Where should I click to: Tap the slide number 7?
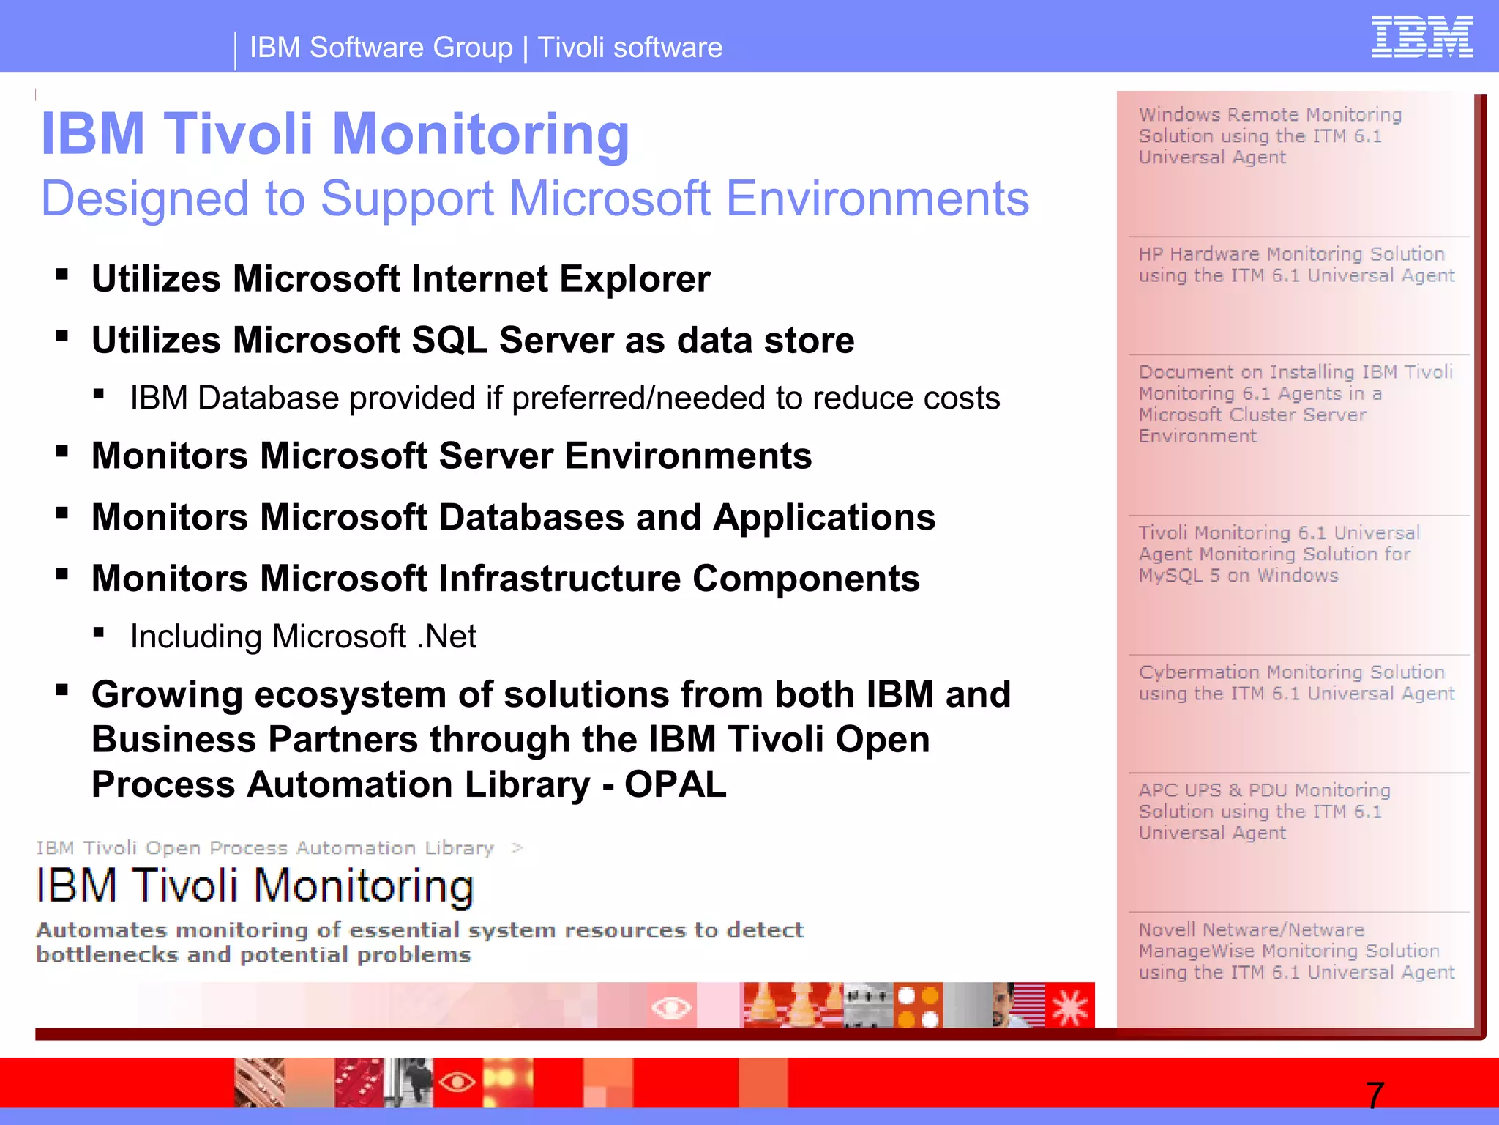click(x=1375, y=1096)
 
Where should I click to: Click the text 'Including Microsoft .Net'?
click(x=303, y=636)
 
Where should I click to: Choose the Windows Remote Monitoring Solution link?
click(x=1270, y=136)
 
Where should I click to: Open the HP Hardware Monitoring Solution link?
click(x=1296, y=264)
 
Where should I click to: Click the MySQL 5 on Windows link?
click(x=1278, y=554)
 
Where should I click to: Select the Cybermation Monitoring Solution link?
click(x=1296, y=683)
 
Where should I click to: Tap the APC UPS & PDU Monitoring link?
click(x=1264, y=812)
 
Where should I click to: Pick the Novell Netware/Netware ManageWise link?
click(x=1296, y=951)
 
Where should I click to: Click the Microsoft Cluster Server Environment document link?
click(x=1295, y=404)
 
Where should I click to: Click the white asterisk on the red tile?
click(x=1070, y=1006)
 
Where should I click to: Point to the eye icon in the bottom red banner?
click(x=457, y=1082)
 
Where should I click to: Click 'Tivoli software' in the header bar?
click(x=630, y=48)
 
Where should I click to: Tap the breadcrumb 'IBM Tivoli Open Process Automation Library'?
click(x=265, y=848)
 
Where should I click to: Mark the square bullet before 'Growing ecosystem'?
click(x=62, y=690)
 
